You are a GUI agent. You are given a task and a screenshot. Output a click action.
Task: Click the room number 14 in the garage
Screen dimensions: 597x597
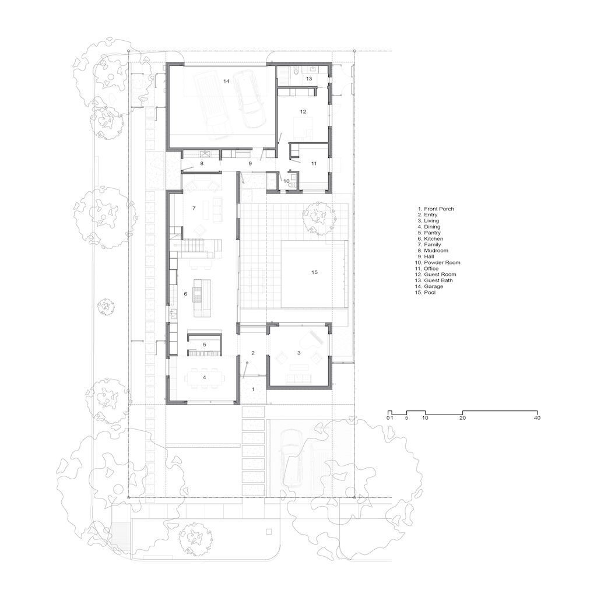[x=226, y=81]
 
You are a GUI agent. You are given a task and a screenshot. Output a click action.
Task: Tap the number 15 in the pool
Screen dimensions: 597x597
[x=314, y=272]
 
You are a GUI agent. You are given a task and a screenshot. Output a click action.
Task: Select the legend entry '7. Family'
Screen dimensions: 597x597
[x=429, y=244]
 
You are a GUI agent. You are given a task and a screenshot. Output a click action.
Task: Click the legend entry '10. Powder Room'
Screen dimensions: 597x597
[x=437, y=262]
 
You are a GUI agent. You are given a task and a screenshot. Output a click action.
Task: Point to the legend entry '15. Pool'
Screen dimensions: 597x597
[x=425, y=293]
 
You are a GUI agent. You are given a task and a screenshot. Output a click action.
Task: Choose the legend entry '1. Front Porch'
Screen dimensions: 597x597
[x=436, y=209]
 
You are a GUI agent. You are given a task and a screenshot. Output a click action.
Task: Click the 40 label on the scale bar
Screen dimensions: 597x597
[x=537, y=417]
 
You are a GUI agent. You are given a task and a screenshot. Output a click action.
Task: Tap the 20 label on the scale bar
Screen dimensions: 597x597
[x=462, y=417]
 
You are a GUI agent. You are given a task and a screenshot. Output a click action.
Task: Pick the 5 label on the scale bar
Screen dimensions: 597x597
[x=406, y=417]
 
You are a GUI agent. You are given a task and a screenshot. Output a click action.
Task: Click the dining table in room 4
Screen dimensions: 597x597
[x=205, y=377]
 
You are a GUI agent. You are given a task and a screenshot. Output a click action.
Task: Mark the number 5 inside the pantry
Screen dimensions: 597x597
[x=205, y=345]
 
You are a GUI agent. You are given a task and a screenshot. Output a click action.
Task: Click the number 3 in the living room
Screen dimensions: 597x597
[x=299, y=353]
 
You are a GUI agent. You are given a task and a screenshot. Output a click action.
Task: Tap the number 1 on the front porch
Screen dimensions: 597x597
[x=253, y=389]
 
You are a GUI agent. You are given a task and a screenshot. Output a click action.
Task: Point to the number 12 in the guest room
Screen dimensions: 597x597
[x=303, y=111]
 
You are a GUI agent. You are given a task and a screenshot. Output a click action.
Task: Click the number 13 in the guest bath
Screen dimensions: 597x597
[x=309, y=79]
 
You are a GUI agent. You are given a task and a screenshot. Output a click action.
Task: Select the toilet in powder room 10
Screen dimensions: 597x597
[x=292, y=185]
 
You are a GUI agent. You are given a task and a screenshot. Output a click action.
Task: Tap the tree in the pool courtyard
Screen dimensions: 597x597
[x=317, y=218]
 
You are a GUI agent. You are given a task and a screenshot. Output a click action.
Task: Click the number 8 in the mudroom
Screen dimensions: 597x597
[x=202, y=163]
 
